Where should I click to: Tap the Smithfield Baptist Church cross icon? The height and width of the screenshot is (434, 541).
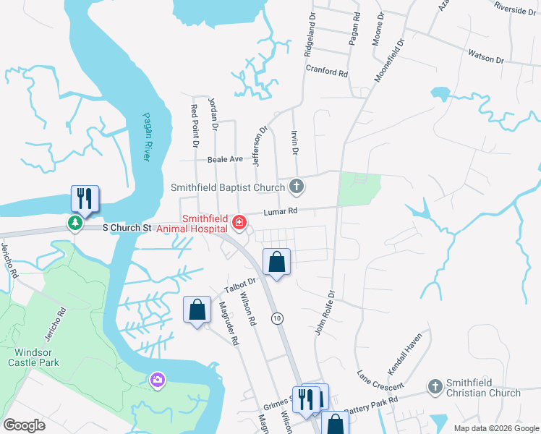(x=296, y=187)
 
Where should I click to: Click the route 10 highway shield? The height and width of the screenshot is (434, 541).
(x=276, y=318)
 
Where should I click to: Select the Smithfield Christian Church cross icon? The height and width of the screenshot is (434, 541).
(x=435, y=386)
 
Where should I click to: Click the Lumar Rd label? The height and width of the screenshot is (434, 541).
(x=282, y=211)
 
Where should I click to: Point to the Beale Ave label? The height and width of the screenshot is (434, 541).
(x=225, y=159)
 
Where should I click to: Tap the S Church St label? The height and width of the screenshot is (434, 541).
(x=126, y=227)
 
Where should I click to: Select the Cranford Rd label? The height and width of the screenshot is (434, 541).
(x=327, y=73)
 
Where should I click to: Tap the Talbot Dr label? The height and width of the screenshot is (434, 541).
(x=242, y=285)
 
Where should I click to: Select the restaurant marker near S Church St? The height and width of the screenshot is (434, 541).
(x=85, y=199)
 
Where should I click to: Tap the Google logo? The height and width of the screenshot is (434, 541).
(x=25, y=425)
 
